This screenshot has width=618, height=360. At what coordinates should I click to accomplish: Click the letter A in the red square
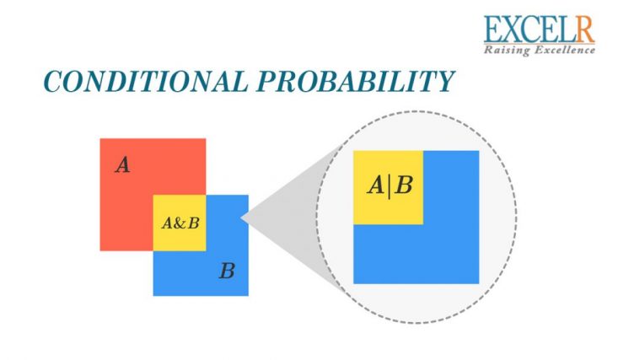[123, 165]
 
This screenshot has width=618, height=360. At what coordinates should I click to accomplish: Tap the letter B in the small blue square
[227, 271]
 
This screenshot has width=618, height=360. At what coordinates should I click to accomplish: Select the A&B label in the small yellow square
[180, 223]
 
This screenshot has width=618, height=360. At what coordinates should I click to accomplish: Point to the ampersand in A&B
[180, 223]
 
